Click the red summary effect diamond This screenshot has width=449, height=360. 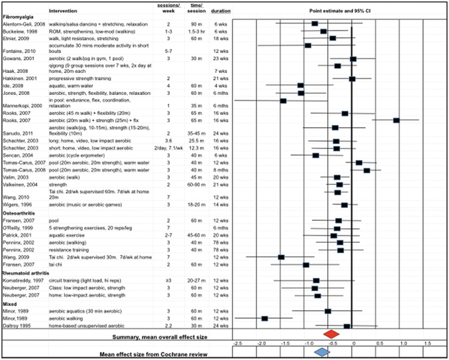coord(329,333)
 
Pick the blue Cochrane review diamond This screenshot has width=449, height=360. coord(322,351)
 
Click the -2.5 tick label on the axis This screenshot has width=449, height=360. coord(236,343)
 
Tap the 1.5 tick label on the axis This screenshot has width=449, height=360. coord(426,343)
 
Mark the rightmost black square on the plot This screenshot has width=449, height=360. coord(396,120)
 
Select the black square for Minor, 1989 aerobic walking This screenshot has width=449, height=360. coord(265,319)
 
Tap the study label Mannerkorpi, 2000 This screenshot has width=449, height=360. coord(26,106)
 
